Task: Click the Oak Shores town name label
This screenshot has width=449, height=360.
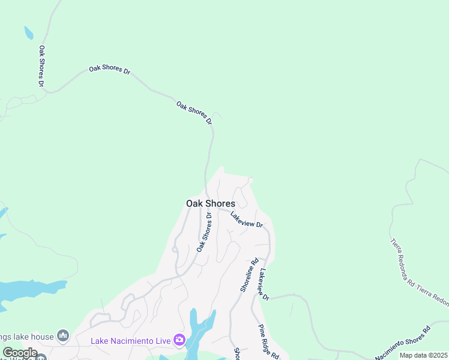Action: [210, 203]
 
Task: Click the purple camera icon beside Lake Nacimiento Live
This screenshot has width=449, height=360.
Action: [179, 340]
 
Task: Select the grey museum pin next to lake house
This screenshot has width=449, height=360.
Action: [63, 335]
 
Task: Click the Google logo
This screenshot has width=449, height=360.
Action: [20, 353]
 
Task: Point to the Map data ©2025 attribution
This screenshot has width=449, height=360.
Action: [423, 355]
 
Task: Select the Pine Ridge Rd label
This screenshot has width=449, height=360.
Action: [269, 341]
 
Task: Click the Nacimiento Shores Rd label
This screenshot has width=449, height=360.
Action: [403, 344]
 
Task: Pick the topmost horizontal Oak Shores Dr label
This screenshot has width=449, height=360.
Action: [110, 69]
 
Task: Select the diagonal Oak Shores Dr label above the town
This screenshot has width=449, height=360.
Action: [194, 113]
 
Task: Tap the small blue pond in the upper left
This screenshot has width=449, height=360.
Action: [28, 32]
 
